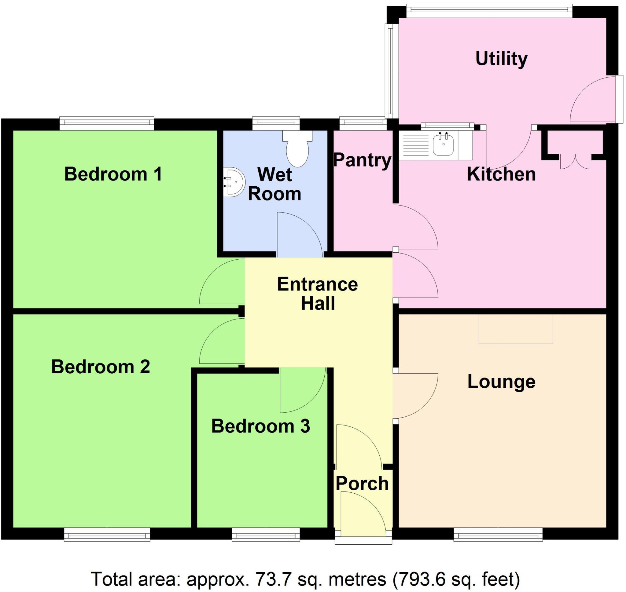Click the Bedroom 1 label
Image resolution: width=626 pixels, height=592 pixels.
pos(113,174)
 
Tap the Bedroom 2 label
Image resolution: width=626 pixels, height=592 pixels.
pos(100,367)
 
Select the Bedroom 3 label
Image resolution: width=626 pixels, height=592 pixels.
pos(260,426)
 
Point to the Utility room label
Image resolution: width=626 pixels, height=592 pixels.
pos(501,59)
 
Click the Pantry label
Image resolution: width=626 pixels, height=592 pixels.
pos(362,160)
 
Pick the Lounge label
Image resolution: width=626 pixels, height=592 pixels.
pos(501,382)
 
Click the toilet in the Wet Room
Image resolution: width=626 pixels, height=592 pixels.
pos(297,150)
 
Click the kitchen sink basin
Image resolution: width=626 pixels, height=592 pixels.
pos(443,144)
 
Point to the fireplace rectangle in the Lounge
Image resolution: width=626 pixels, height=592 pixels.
pos(516,329)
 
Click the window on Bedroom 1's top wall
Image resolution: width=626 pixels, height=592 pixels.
pos(107,123)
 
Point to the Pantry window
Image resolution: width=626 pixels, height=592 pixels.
pos(363,124)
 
